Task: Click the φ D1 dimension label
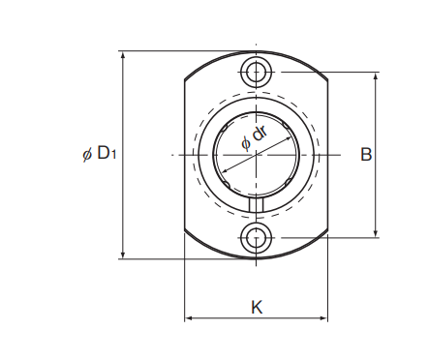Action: point(99,153)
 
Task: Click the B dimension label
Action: point(366,154)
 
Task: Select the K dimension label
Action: point(257,307)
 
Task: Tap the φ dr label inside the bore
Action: point(255,137)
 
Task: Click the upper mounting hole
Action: point(257,72)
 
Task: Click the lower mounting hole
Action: point(257,238)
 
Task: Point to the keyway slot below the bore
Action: point(257,205)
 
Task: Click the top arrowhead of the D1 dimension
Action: point(123,55)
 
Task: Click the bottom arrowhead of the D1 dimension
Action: point(123,255)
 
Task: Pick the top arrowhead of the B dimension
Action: point(376,76)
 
